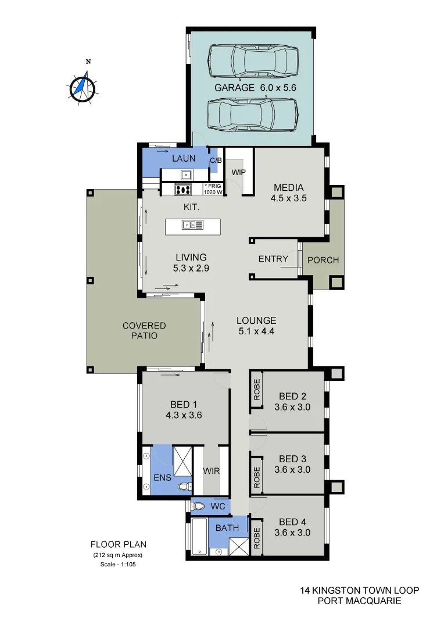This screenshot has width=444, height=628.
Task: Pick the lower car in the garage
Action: coord(252,115)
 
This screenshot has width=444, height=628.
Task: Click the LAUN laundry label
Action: coord(184,158)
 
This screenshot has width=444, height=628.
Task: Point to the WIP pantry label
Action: coord(239,173)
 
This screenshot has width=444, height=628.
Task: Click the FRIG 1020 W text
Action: coord(213,189)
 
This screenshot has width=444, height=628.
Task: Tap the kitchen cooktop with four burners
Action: coord(184,189)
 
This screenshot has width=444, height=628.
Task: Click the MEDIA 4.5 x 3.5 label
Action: coord(288,192)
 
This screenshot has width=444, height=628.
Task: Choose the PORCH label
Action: coord(323,260)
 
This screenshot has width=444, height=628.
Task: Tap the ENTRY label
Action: coord(273,259)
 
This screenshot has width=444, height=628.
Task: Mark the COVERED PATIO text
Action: coord(144,330)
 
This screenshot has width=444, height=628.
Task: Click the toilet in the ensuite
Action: coord(184,486)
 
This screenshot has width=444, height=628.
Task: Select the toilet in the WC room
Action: coord(199,506)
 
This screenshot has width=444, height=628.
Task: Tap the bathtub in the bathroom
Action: coord(199,535)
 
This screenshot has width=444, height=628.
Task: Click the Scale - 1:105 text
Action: coord(118,565)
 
